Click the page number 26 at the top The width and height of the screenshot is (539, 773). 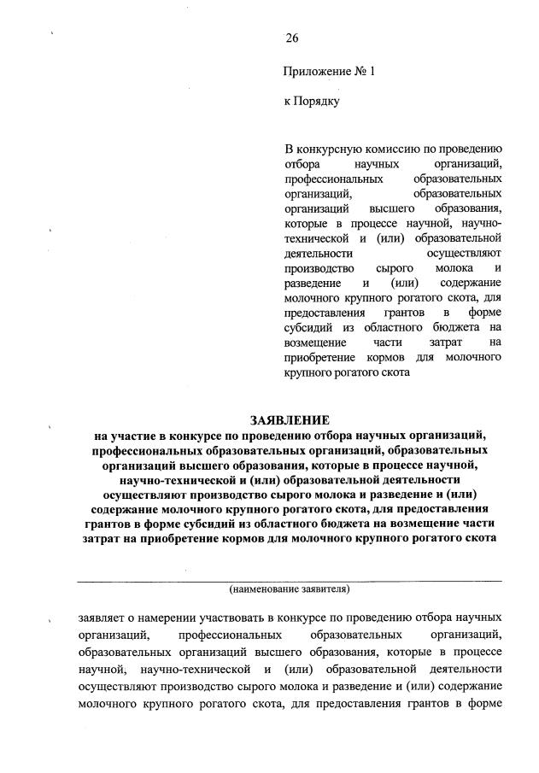pos(291,38)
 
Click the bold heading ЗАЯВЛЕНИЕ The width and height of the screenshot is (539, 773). pos(289,420)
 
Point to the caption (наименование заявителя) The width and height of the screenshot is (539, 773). pos(290,589)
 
